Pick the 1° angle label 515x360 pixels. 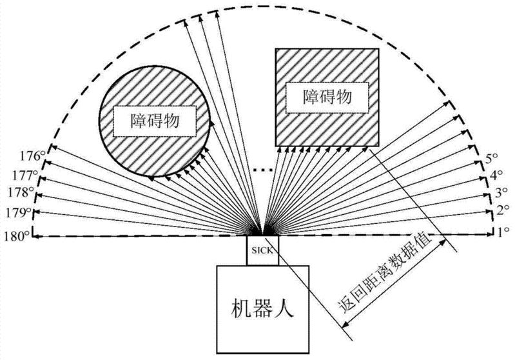click(x=501, y=230)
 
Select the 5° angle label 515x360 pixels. click(x=492, y=157)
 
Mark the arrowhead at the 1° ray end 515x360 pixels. click(x=490, y=236)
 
